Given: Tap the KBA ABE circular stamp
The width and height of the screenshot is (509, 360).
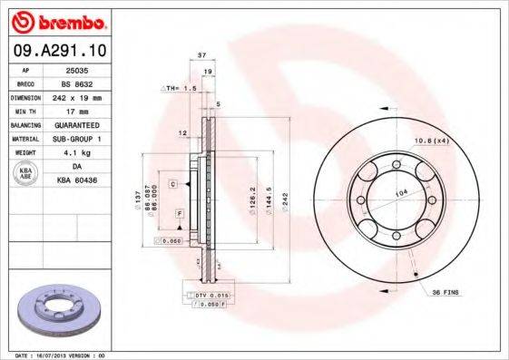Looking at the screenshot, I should click(25, 174).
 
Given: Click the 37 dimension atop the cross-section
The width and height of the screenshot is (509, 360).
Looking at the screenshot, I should click(201, 55).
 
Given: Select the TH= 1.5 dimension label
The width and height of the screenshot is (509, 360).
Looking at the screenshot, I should click(179, 88).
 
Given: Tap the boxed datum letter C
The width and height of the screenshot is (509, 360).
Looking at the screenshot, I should click(172, 183).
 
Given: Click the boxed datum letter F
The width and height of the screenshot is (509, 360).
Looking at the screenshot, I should click(180, 212).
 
